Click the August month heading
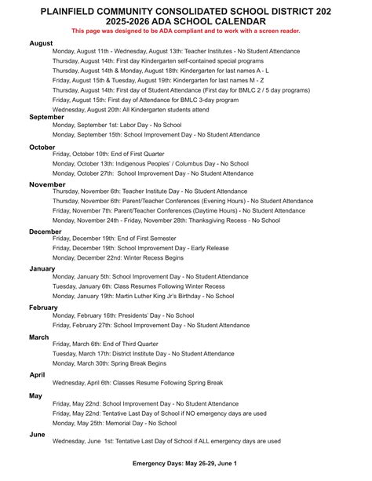point(41,43)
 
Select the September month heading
point(46,117)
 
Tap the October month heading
point(42,147)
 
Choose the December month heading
point(46,231)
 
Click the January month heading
point(42,268)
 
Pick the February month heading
point(44,308)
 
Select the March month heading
point(39,337)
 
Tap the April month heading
point(37,375)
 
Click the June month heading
point(37,433)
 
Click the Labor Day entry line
point(117,125)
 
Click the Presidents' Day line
point(123,315)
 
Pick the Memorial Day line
point(115,423)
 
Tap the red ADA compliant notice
point(186,30)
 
